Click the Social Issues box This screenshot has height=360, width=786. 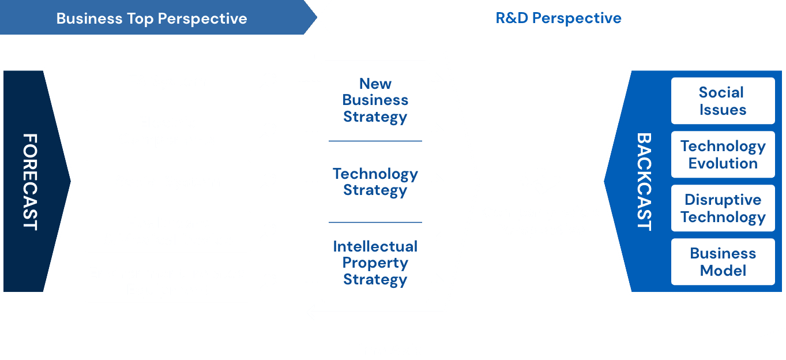723,101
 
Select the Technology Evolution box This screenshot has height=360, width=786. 723,155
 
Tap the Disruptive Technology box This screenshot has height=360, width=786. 723,208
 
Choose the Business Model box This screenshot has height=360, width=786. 723,262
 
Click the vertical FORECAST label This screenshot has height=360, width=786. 30,182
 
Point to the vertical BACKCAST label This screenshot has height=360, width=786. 644,182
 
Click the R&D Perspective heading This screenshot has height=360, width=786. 558,18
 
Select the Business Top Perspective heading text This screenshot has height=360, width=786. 152,18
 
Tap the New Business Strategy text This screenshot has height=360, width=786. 375,100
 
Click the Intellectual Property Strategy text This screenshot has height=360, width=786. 375,263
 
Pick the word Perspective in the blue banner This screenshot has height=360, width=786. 202,18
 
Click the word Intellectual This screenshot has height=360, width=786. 375,246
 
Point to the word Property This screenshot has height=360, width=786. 375,263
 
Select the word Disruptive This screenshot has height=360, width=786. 723,200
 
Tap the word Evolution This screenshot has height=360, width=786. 723,163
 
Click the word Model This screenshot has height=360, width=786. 723,271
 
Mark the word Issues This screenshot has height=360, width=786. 723,110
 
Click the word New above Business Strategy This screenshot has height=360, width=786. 375,84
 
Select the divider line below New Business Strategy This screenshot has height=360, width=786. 375,141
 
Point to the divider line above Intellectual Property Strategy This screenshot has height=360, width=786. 375,222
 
